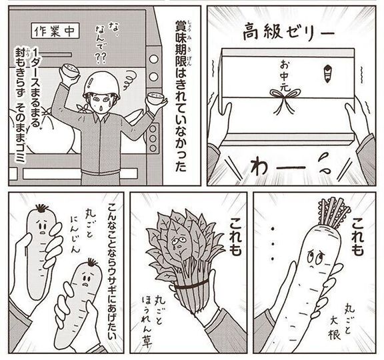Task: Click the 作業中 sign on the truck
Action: (x=55, y=31)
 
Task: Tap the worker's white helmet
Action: (x=101, y=85)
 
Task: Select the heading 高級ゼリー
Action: (x=288, y=32)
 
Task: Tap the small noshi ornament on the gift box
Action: (x=327, y=73)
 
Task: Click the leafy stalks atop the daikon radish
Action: (x=334, y=211)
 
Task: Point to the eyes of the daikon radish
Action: (x=315, y=256)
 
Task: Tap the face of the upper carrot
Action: (x=41, y=227)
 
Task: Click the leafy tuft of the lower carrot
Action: (x=92, y=262)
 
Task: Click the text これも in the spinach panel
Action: (x=235, y=236)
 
